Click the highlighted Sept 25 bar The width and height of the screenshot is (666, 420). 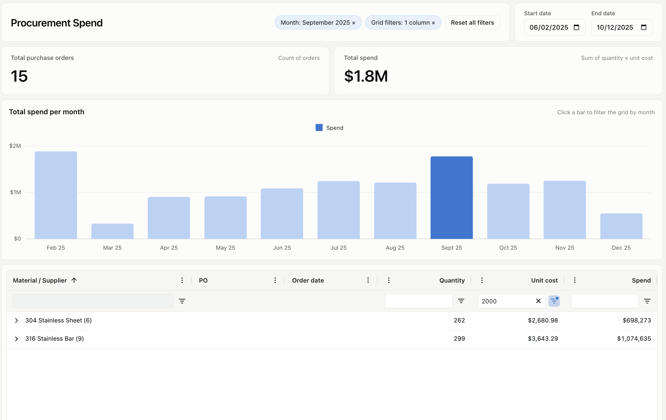tap(452, 198)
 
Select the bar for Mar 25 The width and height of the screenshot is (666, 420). tap(112, 231)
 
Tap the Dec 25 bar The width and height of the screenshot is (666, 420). tap(621, 226)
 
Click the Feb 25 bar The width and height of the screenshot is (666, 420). tap(56, 195)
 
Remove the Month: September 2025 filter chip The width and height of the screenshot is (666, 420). tap(354, 23)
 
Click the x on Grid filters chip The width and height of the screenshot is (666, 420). tap(433, 23)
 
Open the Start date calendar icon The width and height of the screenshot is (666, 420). tap(576, 27)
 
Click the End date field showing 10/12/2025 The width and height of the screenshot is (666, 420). tap(622, 27)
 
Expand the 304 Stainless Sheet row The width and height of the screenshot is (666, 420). tap(16, 320)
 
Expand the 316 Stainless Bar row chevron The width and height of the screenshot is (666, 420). tap(16, 339)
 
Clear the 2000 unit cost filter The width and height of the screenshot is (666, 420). tap(538, 301)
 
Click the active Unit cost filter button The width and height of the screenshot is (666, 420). tap(554, 301)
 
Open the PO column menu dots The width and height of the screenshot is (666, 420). tap(275, 280)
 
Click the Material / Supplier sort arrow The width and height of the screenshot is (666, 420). tap(74, 280)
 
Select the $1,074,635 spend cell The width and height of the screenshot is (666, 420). tap(634, 339)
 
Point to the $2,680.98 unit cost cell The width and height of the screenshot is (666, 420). tap(543, 320)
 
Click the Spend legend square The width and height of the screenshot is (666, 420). tap(319, 127)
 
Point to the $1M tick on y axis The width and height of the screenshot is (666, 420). tap(16, 192)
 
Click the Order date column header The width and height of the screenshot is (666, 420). tap(308, 280)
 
